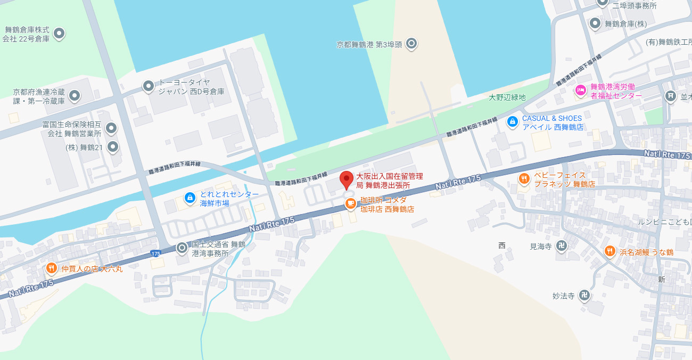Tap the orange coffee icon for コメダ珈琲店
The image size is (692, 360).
pyautogui.click(x=350, y=203)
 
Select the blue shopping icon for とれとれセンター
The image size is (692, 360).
pyautogui.click(x=190, y=198)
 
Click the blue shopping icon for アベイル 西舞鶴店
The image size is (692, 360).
pyautogui.click(x=512, y=121)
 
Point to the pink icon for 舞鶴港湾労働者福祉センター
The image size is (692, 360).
pyautogui.click(x=580, y=89)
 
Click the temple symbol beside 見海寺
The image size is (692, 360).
pyautogui.click(x=561, y=246)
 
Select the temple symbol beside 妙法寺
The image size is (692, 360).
pyautogui.click(x=584, y=294)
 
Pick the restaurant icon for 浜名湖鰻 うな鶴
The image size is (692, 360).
pyautogui.click(x=610, y=251)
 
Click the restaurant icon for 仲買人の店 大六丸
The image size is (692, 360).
pyautogui.click(x=52, y=268)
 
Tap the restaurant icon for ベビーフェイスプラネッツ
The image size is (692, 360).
pyautogui.click(x=524, y=179)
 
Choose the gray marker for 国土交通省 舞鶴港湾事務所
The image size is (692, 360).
pyautogui.click(x=182, y=248)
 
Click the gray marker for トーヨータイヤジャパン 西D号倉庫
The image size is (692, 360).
pyautogui.click(x=149, y=86)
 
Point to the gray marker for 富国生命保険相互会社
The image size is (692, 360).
pyautogui.click(x=111, y=128)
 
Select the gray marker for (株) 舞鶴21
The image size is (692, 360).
pyautogui.click(x=113, y=146)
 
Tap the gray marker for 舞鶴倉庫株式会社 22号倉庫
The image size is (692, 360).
pyautogui.click(x=59, y=34)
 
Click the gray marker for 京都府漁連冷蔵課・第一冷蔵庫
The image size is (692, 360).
pyautogui.click(x=75, y=96)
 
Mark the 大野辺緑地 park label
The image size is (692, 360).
pyautogui.click(x=507, y=97)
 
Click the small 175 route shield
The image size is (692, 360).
pyautogui.click(x=155, y=253)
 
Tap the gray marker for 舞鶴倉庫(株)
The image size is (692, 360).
pyautogui.click(x=595, y=23)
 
